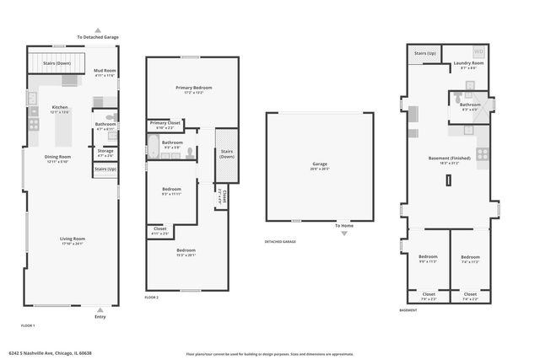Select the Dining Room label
pyautogui.click(x=58, y=158)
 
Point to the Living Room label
pyautogui.click(x=73, y=240)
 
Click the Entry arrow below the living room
pyautogui.click(x=100, y=310)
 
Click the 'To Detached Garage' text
pyautogui.click(x=99, y=37)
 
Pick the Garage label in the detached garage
pyautogui.click(x=319, y=166)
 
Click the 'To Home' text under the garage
pyautogui.click(x=343, y=226)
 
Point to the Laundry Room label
pyautogui.click(x=468, y=64)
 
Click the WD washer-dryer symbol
pyautogui.click(x=479, y=51)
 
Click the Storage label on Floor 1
pyautogui.click(x=105, y=153)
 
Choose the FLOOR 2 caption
pyautogui.click(x=152, y=298)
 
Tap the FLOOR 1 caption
pyautogui.click(x=28, y=325)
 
